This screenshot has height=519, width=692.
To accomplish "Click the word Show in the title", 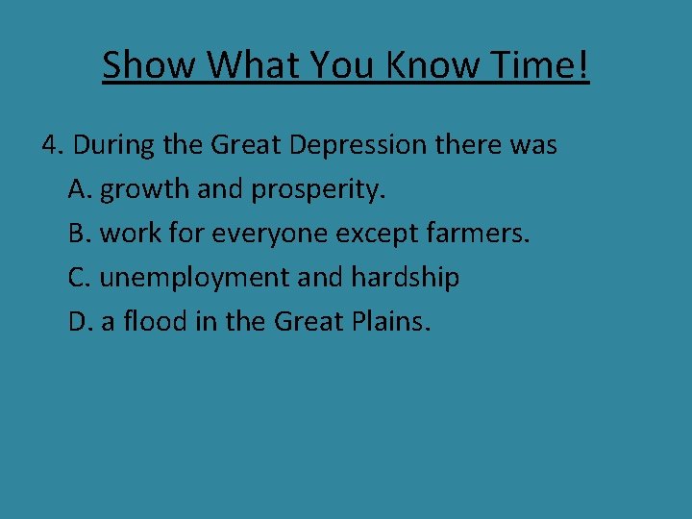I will tap(150, 65).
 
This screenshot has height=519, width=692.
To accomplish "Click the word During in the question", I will tap(114, 146).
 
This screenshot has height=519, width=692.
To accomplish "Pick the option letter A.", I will tap(80, 189).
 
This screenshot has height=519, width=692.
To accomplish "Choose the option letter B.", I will tap(80, 234).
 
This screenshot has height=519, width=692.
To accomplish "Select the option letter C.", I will tap(80, 278).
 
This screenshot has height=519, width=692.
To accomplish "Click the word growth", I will tap(145, 190).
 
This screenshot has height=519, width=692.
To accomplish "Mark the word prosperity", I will tap(317, 190).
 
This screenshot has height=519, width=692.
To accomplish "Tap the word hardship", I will tap(405, 278).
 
